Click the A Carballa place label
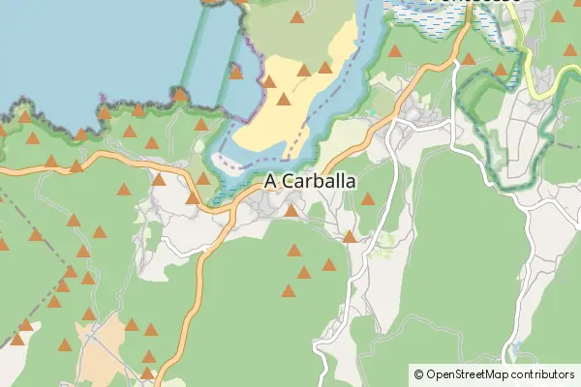tap(309, 181)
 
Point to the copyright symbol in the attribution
tap(418, 373)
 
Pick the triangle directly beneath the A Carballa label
tap(290, 210)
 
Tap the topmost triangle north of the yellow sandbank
tap(297, 16)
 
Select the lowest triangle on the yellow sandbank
tap(284, 98)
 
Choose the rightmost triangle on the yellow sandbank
tap(325, 67)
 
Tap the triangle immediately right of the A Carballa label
tap(368, 198)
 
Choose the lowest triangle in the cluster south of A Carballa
tap(289, 290)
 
